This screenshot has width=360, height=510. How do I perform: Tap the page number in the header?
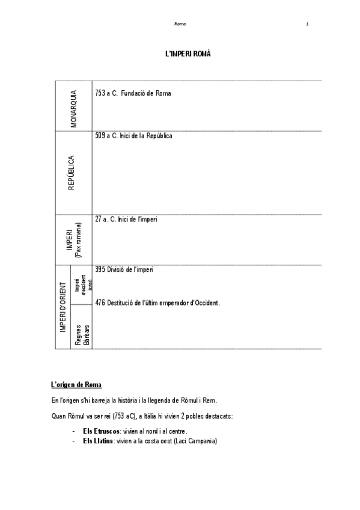307,24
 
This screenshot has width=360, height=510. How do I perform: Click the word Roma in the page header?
180,24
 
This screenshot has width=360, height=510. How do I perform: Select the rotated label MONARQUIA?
73,108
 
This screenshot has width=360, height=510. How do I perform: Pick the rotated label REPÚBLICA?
72,173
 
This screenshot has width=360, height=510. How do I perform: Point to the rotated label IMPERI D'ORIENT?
63,307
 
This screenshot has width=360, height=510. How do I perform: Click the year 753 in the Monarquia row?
100,94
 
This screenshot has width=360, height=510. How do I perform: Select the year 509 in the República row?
100,136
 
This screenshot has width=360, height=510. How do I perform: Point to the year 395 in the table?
100,269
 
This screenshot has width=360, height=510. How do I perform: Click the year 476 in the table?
100,303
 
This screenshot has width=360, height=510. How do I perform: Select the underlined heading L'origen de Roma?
76,384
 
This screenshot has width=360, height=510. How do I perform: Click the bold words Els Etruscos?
100,431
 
